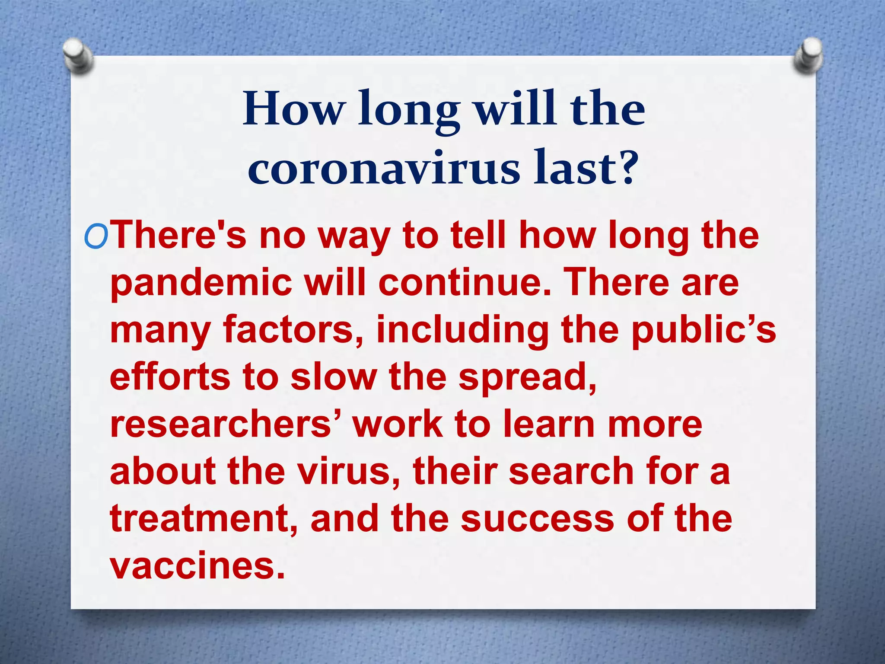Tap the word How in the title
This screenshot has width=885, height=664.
click(x=293, y=109)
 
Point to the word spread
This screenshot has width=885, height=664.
click(x=527, y=378)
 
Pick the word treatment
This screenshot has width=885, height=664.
click(x=204, y=518)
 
